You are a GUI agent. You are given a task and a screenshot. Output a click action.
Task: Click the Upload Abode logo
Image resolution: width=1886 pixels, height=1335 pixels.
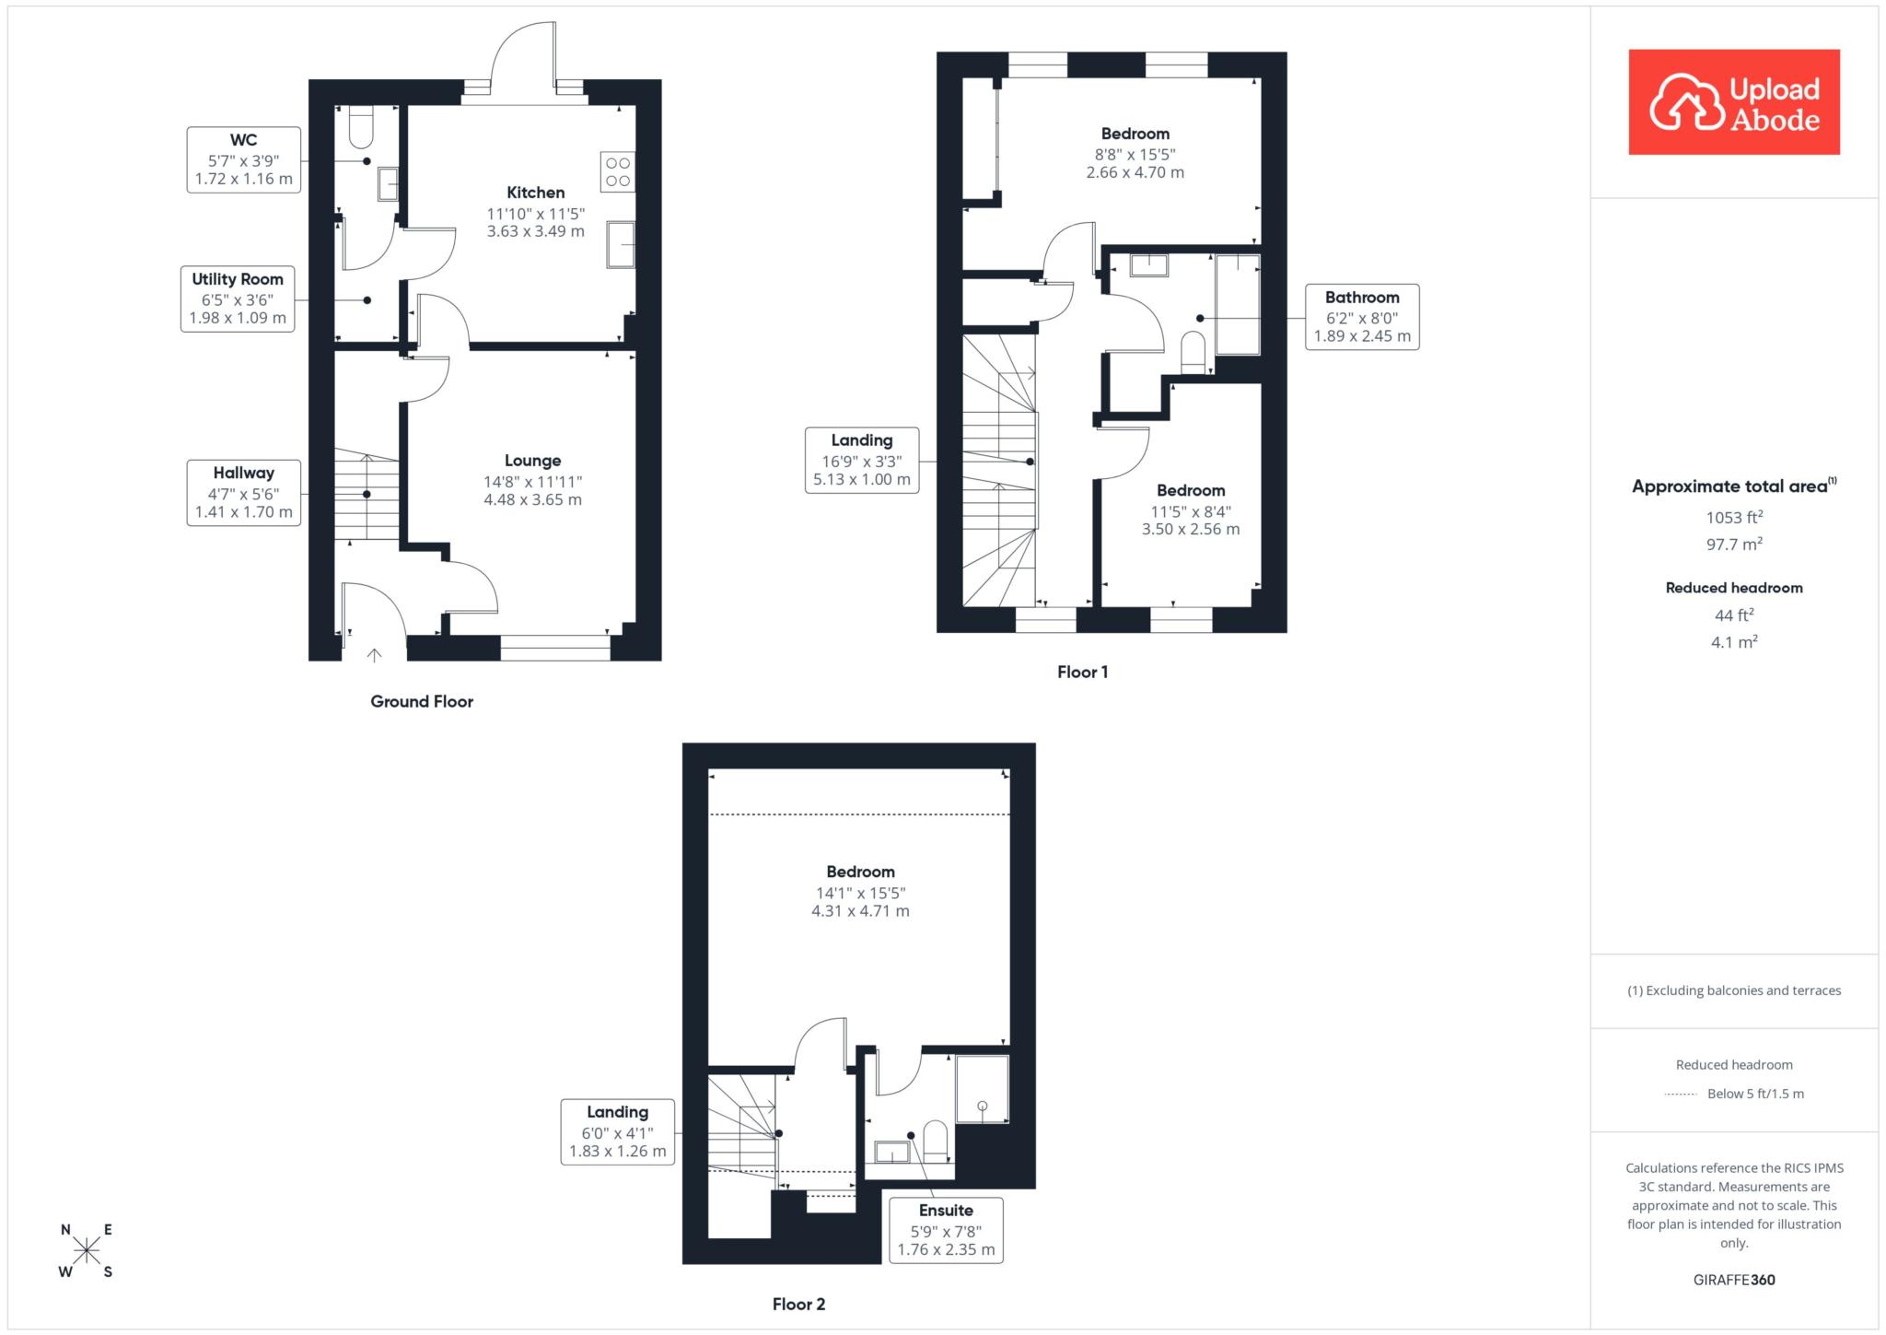(1734, 101)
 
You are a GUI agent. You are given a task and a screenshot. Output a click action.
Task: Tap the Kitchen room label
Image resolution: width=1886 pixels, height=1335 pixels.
(535, 193)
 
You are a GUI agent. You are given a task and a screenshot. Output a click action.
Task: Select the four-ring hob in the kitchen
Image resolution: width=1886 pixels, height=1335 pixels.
(617, 172)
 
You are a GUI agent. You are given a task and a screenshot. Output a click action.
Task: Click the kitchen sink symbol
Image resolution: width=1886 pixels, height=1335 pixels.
(621, 245)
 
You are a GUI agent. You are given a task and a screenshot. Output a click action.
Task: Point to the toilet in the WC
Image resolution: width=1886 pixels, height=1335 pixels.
(361, 128)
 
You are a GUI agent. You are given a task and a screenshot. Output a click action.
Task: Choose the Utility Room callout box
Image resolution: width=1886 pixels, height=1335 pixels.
(238, 299)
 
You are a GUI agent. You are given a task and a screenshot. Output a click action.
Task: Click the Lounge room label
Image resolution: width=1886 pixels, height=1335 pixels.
(532, 461)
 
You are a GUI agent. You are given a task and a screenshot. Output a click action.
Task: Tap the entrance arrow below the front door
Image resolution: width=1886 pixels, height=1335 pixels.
(374, 655)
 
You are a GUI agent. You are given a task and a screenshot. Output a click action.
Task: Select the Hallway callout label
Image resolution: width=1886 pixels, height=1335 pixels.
(244, 492)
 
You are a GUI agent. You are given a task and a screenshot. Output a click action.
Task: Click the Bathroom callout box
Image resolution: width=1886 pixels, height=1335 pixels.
(1362, 317)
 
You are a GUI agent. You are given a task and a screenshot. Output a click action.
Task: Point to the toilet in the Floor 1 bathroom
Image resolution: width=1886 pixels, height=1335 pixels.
(1193, 354)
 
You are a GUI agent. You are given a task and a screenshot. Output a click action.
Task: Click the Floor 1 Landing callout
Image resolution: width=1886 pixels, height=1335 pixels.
(862, 460)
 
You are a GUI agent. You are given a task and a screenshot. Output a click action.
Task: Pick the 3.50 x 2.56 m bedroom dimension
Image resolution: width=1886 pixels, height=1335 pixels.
(1191, 530)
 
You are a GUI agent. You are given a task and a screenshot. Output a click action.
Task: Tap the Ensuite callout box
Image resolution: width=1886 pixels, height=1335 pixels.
(946, 1230)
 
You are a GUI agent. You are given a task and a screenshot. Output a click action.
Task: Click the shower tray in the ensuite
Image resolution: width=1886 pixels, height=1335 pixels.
(982, 1089)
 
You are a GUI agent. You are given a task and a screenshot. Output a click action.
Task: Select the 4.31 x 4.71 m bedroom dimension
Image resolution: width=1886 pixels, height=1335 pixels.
(860, 911)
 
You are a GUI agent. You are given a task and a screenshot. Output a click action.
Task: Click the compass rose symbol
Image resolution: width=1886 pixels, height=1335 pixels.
(87, 1250)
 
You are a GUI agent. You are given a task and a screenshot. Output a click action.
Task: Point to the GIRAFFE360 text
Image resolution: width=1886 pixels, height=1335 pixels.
(1734, 1280)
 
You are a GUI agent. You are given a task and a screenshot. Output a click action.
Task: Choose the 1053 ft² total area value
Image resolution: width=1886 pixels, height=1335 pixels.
(1734, 517)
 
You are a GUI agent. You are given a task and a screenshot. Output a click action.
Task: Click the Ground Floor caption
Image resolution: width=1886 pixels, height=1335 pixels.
(422, 701)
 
